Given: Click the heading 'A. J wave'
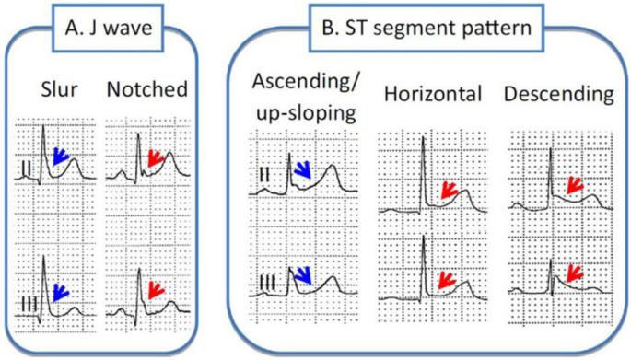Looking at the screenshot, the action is [109, 29].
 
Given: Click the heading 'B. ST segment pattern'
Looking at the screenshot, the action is [427, 28].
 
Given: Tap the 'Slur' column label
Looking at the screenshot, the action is [59, 89].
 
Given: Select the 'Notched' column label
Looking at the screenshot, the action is [147, 89].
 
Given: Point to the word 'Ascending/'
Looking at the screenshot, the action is [305, 82].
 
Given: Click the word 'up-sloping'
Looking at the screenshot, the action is [306, 113].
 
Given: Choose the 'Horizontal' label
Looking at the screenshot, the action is [433, 94].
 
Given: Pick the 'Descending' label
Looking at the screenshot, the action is [559, 94].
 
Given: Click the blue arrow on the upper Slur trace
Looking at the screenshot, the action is [61, 157].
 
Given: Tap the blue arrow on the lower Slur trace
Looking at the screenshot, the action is [61, 293].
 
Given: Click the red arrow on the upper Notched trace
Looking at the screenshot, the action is [156, 158].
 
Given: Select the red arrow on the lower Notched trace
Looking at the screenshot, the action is [157, 290].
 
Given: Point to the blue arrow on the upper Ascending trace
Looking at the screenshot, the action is [303, 169].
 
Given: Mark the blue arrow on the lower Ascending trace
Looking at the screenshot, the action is [303, 275].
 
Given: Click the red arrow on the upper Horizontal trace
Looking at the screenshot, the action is [450, 191].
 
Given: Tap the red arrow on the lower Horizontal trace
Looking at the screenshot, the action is [447, 280].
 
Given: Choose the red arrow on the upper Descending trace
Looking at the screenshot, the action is [575, 185].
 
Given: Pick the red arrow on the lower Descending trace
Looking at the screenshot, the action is [575, 273].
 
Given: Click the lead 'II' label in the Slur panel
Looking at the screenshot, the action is [26, 168].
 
